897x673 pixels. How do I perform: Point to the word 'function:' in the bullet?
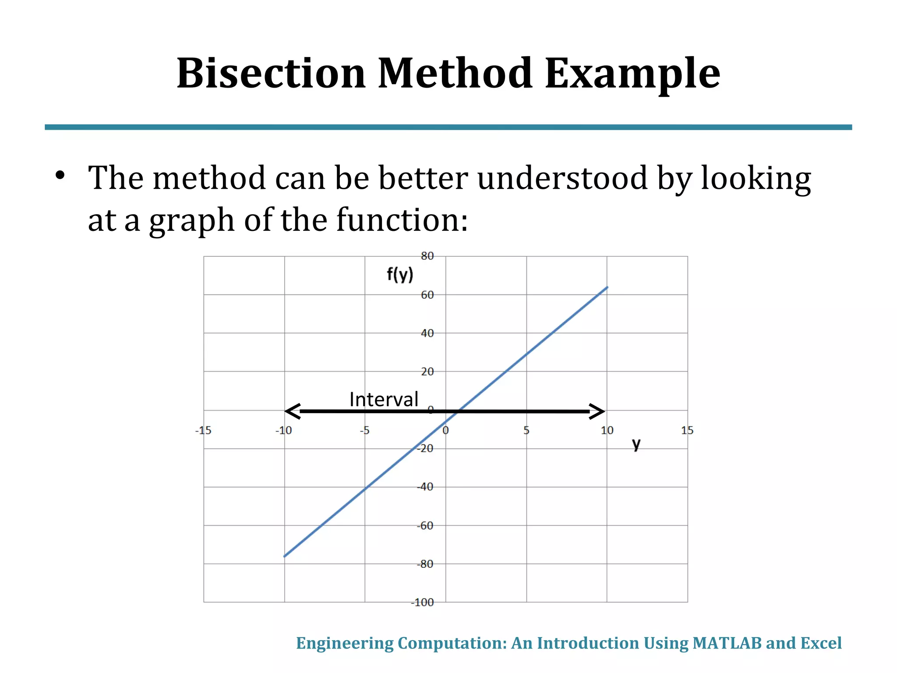point(402,220)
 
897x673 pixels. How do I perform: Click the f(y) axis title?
point(400,275)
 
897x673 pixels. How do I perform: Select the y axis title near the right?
point(636,444)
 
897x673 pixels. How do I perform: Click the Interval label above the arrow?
point(384,399)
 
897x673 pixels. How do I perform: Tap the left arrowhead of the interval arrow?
point(292,411)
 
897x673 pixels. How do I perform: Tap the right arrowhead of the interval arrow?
point(598,411)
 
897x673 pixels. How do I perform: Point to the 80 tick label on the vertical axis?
point(427,256)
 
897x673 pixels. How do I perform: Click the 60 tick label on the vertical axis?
point(427,295)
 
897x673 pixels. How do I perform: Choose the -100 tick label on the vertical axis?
point(422,602)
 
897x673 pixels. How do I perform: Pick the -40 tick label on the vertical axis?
point(424,487)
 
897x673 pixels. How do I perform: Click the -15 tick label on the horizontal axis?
point(203,431)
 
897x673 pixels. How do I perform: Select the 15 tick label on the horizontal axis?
point(687,431)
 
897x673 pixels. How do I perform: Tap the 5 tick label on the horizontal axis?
point(526,431)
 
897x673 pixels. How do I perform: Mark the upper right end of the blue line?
point(607,287)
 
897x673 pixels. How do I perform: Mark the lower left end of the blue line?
point(285,556)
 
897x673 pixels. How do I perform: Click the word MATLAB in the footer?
point(727,643)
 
